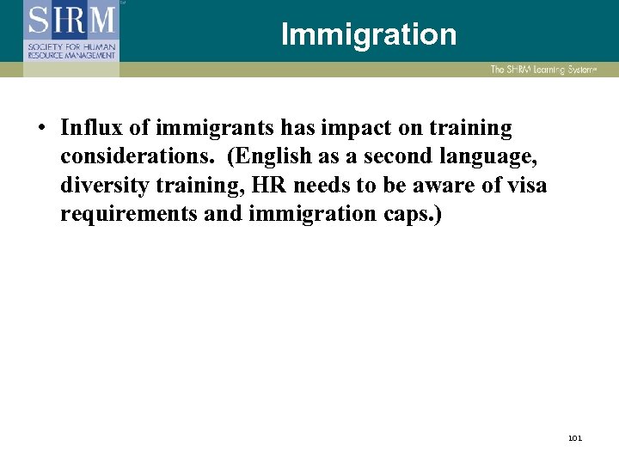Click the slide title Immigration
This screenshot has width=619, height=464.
(368, 34)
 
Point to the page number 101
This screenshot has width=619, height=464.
(575, 438)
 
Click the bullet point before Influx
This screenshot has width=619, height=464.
(40, 129)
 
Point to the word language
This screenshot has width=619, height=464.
(497, 156)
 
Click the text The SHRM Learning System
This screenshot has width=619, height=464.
(543, 69)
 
